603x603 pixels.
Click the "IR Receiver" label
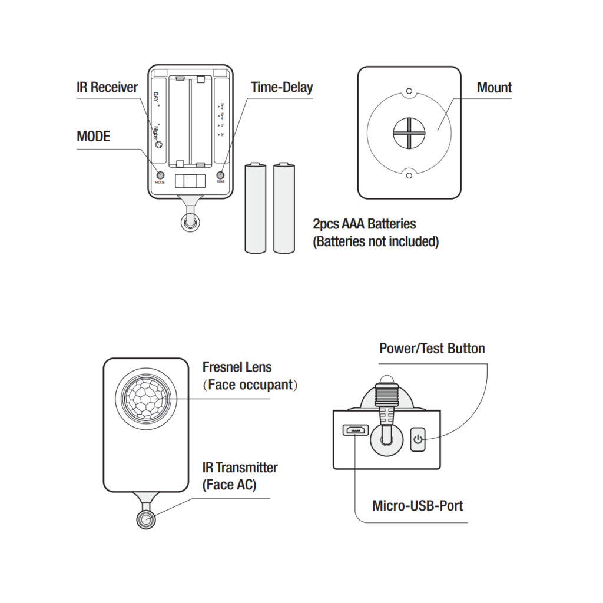[107, 88]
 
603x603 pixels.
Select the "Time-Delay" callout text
[281, 88]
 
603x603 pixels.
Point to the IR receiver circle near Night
[158, 144]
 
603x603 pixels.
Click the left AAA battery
[255, 208]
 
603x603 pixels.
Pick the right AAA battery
[284, 208]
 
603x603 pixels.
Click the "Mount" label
[494, 88]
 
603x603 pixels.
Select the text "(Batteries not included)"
[376, 241]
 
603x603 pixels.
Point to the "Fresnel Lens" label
[237, 367]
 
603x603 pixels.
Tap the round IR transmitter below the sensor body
[145, 519]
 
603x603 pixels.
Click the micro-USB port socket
[355, 430]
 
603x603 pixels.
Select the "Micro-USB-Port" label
[418, 505]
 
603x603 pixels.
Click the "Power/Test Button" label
[432, 348]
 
